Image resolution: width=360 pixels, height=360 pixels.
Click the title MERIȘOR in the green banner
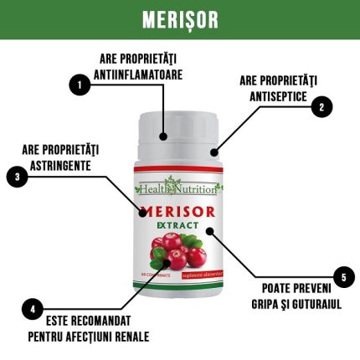pyautogui.click(x=179, y=19)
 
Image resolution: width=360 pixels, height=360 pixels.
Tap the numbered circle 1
pyautogui.click(x=80, y=85)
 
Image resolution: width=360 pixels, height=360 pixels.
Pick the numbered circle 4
pyautogui.click(x=31, y=307)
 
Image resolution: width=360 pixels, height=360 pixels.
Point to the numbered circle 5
pyautogui.click(x=342, y=276)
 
